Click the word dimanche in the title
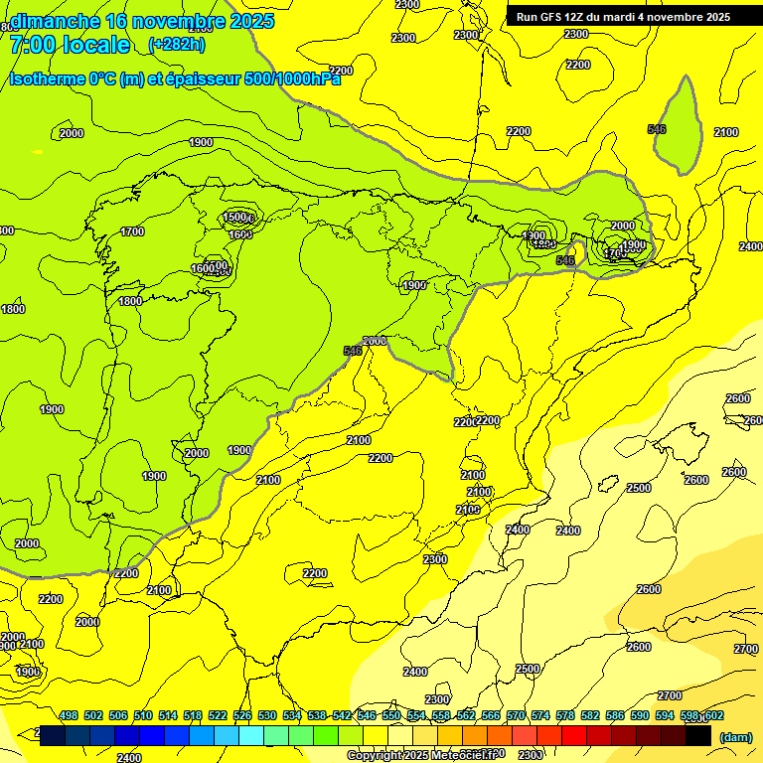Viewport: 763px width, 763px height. [x=55, y=21]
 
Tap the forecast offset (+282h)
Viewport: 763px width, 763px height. [x=177, y=44]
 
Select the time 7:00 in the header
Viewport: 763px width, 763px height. [x=32, y=44]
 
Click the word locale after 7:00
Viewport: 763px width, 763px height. [x=95, y=44]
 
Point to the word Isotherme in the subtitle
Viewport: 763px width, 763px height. [x=47, y=78]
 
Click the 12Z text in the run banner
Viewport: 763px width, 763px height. [x=581, y=17]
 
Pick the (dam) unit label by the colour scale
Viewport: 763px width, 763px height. [x=735, y=736]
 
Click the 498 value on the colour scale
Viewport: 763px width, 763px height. [x=69, y=716]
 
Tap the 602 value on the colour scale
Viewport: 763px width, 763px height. [x=713, y=716]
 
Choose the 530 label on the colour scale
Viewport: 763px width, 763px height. [x=267, y=716]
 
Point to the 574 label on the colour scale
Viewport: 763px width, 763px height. [x=539, y=716]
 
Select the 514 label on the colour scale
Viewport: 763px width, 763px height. [x=168, y=716]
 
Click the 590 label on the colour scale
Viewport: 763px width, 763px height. [x=639, y=716]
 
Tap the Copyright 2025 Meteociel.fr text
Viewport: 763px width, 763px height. [x=421, y=755]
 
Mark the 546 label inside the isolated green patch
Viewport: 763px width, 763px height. [x=657, y=129]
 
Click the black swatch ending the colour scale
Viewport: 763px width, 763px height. [x=698, y=736]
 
